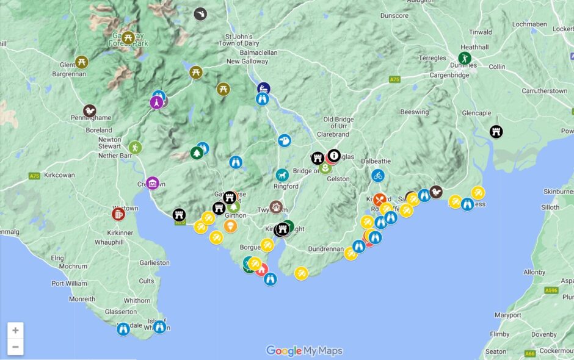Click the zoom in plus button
(15, 331)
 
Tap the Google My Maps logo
(304, 351)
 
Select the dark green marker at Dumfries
(465, 59)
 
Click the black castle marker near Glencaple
(496, 131)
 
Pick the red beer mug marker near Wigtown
(118, 214)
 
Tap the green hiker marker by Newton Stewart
(135, 148)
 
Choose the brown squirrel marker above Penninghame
(90, 111)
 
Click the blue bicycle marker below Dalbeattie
(378, 176)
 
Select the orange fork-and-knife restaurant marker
(380, 200)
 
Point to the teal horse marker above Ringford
(282, 175)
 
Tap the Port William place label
(69, 283)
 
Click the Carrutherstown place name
(544, 91)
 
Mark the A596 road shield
(551, 291)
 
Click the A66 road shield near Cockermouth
(530, 353)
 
